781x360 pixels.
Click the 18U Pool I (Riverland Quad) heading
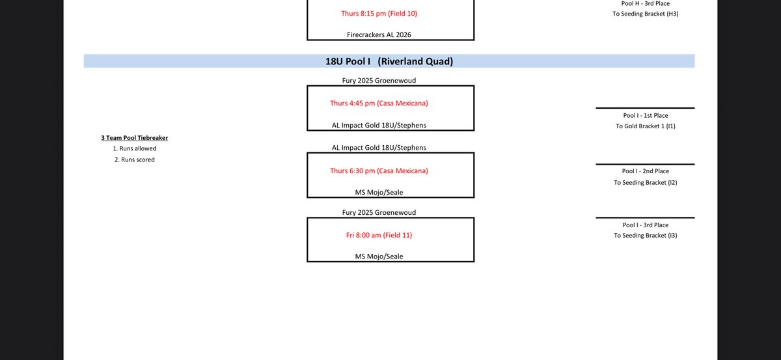tap(389, 61)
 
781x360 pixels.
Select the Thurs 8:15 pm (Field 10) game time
tap(379, 14)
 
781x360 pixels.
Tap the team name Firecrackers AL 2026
tap(379, 35)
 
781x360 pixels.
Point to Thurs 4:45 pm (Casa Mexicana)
tap(379, 104)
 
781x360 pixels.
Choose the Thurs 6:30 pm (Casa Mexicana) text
tap(379, 171)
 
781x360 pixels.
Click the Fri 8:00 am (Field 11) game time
tap(379, 235)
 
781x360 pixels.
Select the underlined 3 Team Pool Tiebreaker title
tap(135, 138)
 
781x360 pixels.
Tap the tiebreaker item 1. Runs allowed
tap(135, 148)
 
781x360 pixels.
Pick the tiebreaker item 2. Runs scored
tap(135, 159)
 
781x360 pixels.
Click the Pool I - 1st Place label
tap(646, 115)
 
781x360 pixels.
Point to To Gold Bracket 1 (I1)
tap(646, 126)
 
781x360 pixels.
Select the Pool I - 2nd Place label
tap(646, 171)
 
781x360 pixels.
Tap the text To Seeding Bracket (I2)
tap(646, 182)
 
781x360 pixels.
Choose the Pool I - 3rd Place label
tap(646, 225)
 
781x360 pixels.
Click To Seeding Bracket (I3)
tap(646, 236)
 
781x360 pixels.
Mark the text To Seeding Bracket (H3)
tap(646, 14)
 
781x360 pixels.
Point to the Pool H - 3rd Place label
tap(646, 3)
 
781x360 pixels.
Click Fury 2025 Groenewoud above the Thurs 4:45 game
tap(379, 81)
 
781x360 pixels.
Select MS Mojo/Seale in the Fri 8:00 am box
tap(379, 256)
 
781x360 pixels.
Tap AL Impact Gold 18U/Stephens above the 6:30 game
tap(379, 148)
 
